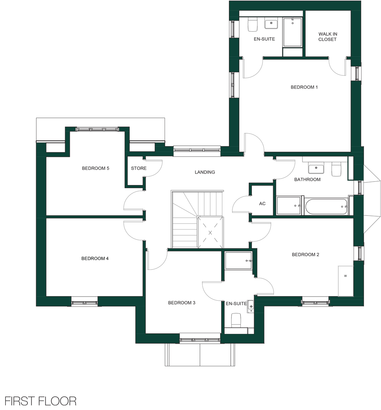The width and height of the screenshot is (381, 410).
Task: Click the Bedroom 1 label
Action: point(304,87)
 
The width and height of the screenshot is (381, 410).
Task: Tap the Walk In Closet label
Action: point(328,37)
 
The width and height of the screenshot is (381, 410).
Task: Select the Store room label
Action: point(139,168)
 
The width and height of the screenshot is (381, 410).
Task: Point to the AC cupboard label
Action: point(262,203)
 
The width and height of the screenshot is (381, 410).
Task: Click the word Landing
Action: point(205,172)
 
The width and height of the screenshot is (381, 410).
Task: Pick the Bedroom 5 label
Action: point(96,168)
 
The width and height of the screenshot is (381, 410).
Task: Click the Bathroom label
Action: point(307,179)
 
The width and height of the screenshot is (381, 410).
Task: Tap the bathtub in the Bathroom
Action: point(326,206)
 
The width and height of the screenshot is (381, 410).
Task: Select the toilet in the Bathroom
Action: point(336,169)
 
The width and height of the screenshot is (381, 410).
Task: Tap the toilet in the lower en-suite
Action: point(236,320)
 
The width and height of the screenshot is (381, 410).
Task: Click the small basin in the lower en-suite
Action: point(250,306)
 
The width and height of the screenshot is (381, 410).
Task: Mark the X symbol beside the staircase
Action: point(210,233)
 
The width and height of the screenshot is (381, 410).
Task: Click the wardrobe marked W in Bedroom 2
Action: point(346,281)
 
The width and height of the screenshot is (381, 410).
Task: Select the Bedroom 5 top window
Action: point(97,129)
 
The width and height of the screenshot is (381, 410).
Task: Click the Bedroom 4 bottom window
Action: point(84,303)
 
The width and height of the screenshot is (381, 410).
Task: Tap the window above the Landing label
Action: point(197,150)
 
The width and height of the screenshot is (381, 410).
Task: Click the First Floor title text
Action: point(40,401)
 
